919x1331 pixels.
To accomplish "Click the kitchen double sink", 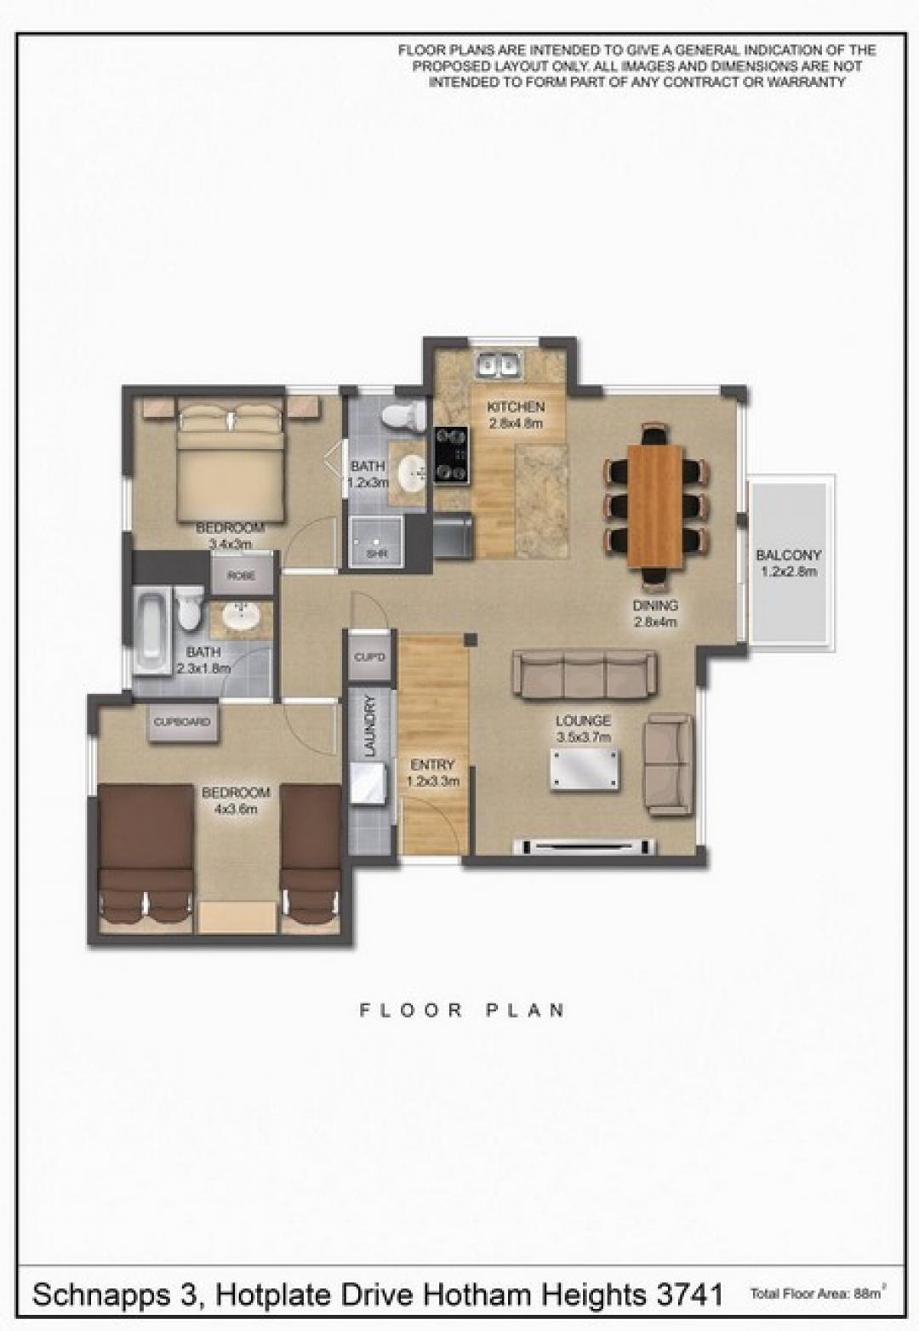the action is coord(499,365).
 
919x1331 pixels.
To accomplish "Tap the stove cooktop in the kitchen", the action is coord(451,454).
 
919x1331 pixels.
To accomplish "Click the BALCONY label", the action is coord(788,555).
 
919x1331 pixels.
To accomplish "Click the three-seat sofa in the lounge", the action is coord(585,674).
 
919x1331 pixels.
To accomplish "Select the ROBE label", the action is coord(242,576).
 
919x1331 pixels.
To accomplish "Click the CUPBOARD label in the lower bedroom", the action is coord(182,722).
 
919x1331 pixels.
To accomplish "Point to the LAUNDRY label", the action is coord(370,725).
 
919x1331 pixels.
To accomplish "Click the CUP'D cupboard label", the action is coord(370,657).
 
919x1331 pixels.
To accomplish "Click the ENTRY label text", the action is coord(432,765).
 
